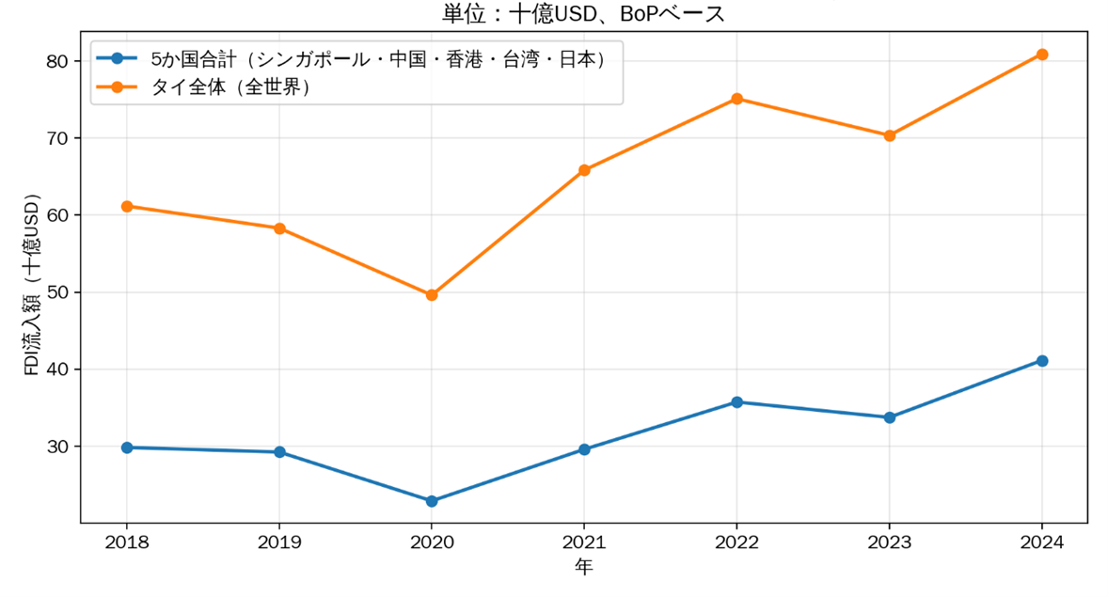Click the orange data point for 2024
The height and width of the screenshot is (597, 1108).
coord(1041,55)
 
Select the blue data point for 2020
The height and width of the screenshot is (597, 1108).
coord(432,501)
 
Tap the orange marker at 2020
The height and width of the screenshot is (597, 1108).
coord(432,295)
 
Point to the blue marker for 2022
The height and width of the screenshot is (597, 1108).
coord(736,402)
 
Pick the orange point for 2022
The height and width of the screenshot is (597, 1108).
coord(736,99)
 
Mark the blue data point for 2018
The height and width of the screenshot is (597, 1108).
coord(127,448)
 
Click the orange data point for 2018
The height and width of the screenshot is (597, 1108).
coord(127,206)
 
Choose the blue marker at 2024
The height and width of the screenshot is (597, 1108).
coord(1041,361)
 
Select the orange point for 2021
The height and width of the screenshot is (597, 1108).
coord(584,170)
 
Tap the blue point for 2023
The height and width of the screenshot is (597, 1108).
coord(889,417)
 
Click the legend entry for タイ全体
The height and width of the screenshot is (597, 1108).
coord(235,87)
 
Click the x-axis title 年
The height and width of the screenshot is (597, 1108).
coord(584,568)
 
